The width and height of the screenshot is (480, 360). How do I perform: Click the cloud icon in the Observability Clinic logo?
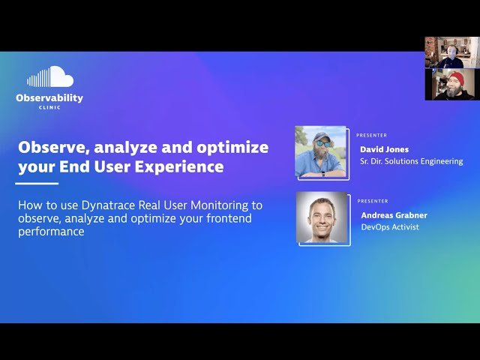(x=50, y=76)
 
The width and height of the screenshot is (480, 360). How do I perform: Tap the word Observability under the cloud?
(x=49, y=98)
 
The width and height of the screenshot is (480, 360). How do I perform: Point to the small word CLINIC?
(x=49, y=107)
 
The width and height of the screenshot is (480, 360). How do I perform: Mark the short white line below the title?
(x=37, y=183)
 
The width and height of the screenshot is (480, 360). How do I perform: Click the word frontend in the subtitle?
(x=225, y=218)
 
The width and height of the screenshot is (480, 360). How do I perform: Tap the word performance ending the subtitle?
(x=50, y=232)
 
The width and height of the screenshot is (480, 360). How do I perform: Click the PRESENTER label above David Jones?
(x=372, y=136)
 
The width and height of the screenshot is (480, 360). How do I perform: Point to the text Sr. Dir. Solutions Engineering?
(x=411, y=161)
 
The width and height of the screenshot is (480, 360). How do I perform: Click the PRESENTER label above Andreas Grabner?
(x=372, y=201)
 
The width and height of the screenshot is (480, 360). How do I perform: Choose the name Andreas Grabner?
(x=393, y=215)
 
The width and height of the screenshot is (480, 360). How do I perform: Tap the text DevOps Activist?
(x=389, y=227)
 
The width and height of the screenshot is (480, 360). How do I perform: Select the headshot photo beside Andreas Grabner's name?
(x=321, y=217)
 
